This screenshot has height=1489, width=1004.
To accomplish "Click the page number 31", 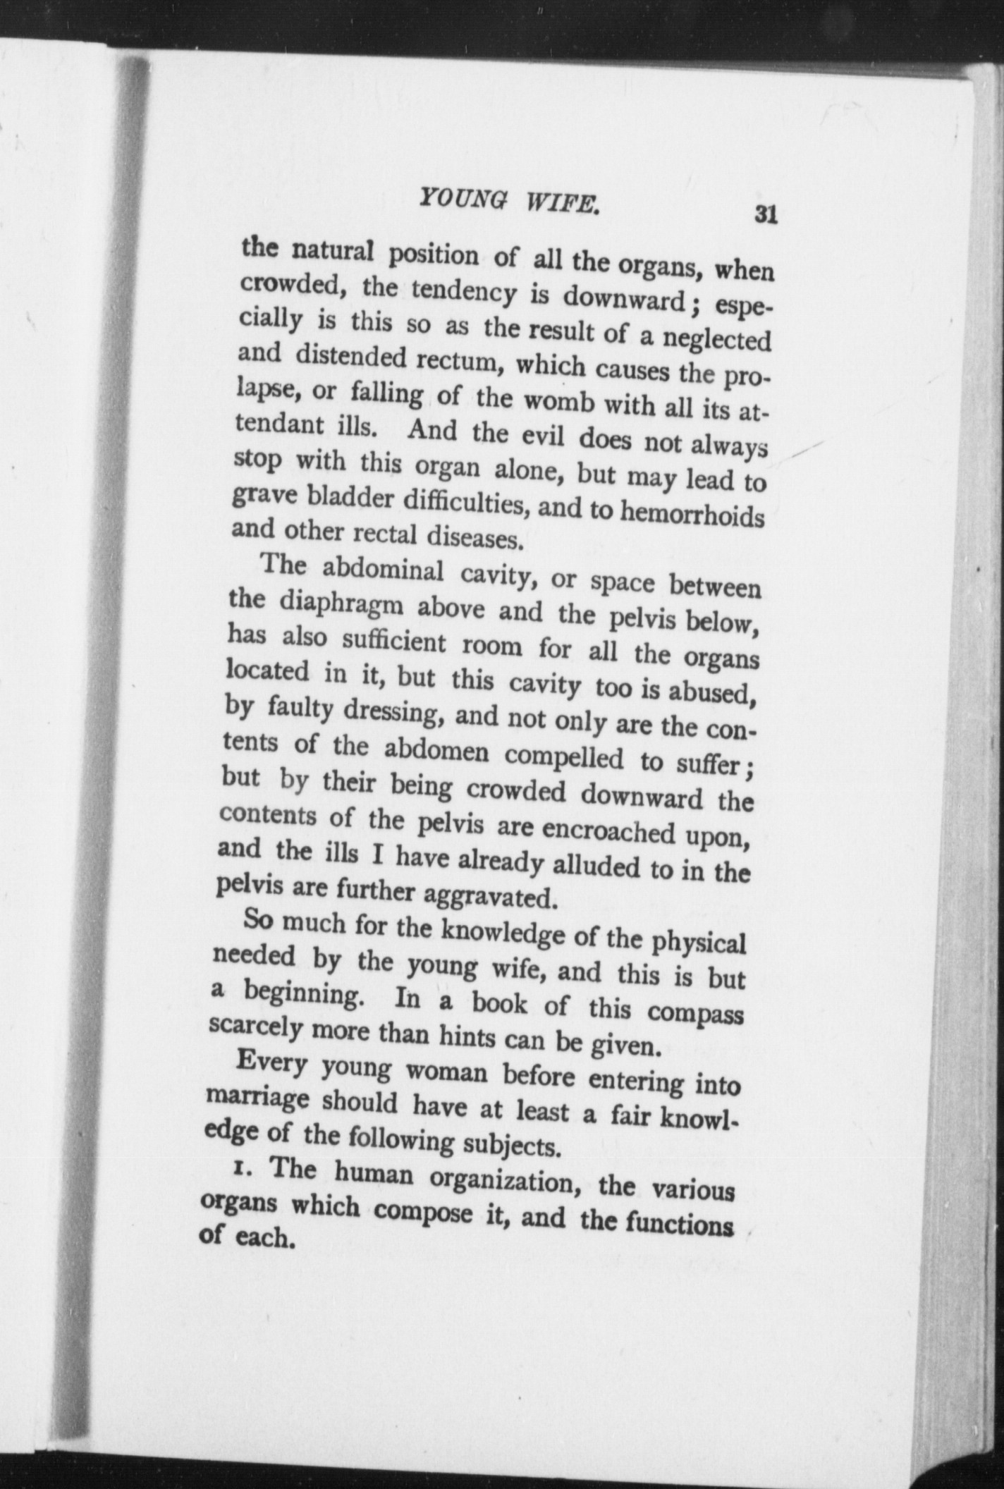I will [764, 214].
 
